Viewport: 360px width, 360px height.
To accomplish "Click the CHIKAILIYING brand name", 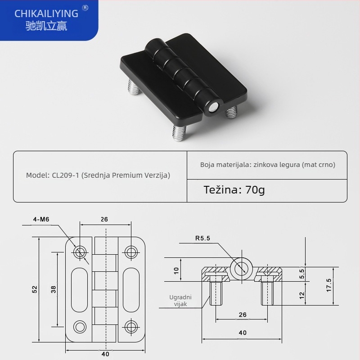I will [46, 13].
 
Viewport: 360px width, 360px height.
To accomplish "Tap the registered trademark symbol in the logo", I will [85, 8].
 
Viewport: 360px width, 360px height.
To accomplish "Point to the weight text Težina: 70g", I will [234, 189].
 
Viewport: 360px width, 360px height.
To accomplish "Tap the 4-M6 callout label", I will [40, 220].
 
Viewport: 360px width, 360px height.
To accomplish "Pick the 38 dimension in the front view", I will [54, 290].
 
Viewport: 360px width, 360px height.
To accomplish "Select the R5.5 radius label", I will [202, 238].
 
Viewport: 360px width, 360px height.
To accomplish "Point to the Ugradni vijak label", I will [180, 301].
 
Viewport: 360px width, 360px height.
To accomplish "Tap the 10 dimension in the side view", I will [176, 270].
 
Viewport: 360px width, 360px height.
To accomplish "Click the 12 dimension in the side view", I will [302, 295].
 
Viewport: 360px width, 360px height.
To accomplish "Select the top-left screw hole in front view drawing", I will [81, 252].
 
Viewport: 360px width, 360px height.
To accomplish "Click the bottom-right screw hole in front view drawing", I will [131, 326].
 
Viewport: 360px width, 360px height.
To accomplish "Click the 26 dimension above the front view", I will [104, 220].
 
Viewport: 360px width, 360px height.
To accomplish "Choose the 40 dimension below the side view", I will [243, 333].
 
